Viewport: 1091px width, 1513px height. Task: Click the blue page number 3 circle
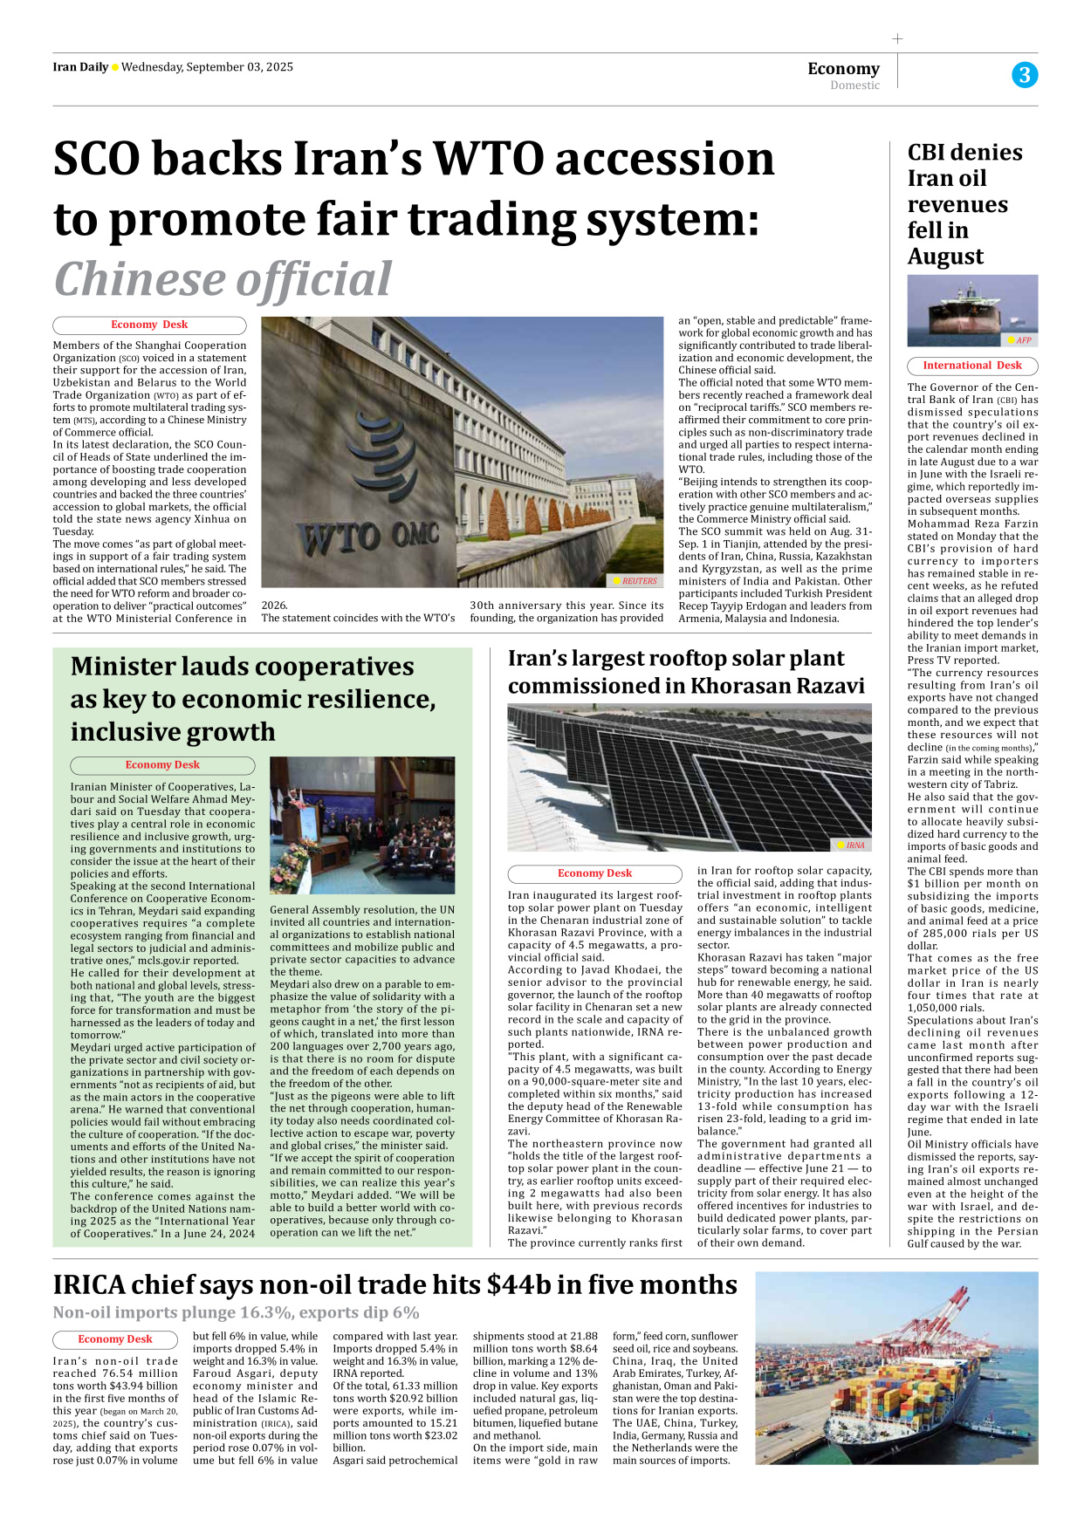pyautogui.click(x=1025, y=75)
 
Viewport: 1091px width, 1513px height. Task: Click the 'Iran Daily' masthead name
pyautogui.click(x=80, y=67)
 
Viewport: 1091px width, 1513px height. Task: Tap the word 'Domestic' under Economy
pyautogui.click(x=854, y=86)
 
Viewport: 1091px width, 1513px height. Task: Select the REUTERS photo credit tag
pyautogui.click(x=635, y=580)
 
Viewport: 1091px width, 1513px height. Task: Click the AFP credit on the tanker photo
pyautogui.click(x=1020, y=340)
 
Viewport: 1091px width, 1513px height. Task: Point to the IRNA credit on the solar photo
pyautogui.click(x=851, y=845)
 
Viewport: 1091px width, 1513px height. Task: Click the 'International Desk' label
pyautogui.click(x=972, y=366)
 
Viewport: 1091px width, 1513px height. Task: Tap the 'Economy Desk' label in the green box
pyautogui.click(x=162, y=765)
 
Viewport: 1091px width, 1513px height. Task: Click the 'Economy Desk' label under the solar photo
pyautogui.click(x=594, y=873)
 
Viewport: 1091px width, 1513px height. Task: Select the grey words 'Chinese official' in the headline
pyautogui.click(x=223, y=279)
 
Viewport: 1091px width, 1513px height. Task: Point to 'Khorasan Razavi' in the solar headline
pyautogui.click(x=778, y=686)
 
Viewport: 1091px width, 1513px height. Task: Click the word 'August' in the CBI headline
pyautogui.click(x=945, y=257)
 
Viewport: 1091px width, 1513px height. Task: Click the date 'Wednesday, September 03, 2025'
pyautogui.click(x=207, y=67)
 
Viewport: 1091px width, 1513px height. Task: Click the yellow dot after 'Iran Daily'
pyautogui.click(x=114, y=68)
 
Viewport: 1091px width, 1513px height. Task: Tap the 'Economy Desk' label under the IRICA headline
pyautogui.click(x=115, y=1339)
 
